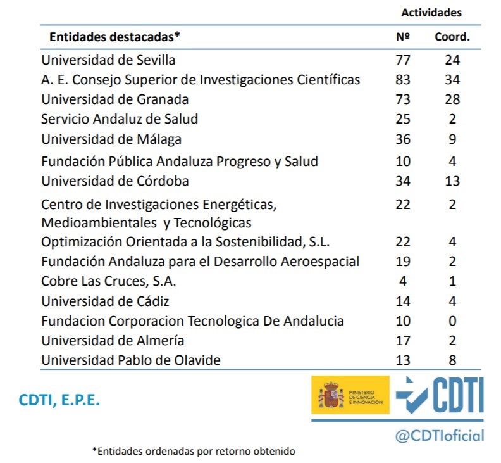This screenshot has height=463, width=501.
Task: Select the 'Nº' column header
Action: point(403,37)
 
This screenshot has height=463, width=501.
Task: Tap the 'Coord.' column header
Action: point(452,37)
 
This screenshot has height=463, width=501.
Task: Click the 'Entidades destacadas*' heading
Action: point(114,37)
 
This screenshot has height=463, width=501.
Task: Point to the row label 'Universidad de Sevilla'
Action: point(108,60)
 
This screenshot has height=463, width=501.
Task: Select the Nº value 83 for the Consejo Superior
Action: point(402,80)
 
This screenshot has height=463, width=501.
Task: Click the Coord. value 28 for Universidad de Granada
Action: point(452,99)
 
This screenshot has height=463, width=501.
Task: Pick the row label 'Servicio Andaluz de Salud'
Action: point(120,119)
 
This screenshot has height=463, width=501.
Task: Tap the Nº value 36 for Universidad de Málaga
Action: point(402,139)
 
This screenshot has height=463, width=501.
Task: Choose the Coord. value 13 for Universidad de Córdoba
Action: point(452,181)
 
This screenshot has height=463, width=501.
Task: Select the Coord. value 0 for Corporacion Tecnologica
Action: point(452,321)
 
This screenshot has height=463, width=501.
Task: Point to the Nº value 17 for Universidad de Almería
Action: point(402,341)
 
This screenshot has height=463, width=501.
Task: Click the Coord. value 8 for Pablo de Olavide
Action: point(452,360)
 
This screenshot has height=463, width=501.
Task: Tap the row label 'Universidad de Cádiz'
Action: point(105,301)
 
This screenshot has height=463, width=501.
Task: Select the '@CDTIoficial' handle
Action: point(440,435)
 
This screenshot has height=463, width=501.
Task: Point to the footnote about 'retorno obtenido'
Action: point(194,451)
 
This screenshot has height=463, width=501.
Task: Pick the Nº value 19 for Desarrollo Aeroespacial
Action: point(402,262)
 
